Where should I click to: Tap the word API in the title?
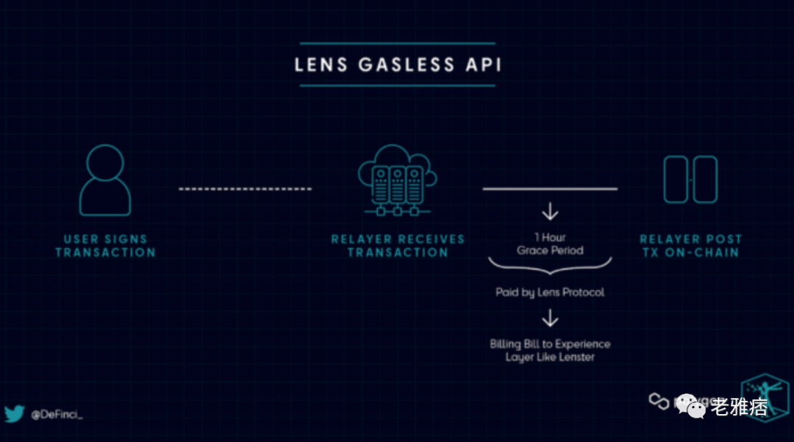[x=483, y=64]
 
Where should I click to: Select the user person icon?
[x=105, y=180]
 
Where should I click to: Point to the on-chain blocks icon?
[x=690, y=179]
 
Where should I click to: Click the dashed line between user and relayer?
[x=245, y=189]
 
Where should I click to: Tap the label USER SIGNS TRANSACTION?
[x=105, y=246]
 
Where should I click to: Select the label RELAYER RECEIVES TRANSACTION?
[x=398, y=246]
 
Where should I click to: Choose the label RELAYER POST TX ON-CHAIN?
[x=690, y=246]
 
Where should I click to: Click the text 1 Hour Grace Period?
[x=550, y=244]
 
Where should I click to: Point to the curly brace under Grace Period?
[x=550, y=265]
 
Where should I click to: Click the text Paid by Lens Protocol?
[x=550, y=292]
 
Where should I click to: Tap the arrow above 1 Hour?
[x=550, y=213]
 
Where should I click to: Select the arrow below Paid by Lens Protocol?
[x=550, y=319]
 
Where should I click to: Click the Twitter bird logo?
[x=14, y=414]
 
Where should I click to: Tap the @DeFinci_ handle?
[x=57, y=415]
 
